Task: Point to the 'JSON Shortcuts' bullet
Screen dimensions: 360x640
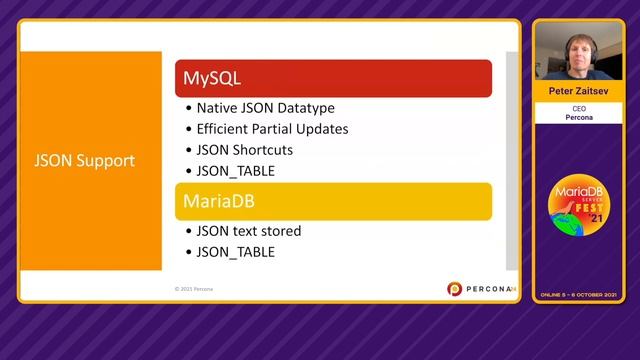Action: click(246, 150)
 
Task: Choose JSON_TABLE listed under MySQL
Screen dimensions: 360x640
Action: click(237, 171)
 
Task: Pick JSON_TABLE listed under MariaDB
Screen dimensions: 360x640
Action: click(237, 252)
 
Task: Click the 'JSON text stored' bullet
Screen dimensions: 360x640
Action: click(250, 231)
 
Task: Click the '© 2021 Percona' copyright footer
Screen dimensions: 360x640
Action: click(194, 289)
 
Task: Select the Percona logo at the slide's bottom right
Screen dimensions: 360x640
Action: click(479, 289)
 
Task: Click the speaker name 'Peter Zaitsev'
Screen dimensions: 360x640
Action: click(578, 90)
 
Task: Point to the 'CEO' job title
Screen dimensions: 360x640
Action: click(578, 107)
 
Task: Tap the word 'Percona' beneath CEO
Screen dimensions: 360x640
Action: click(578, 118)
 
